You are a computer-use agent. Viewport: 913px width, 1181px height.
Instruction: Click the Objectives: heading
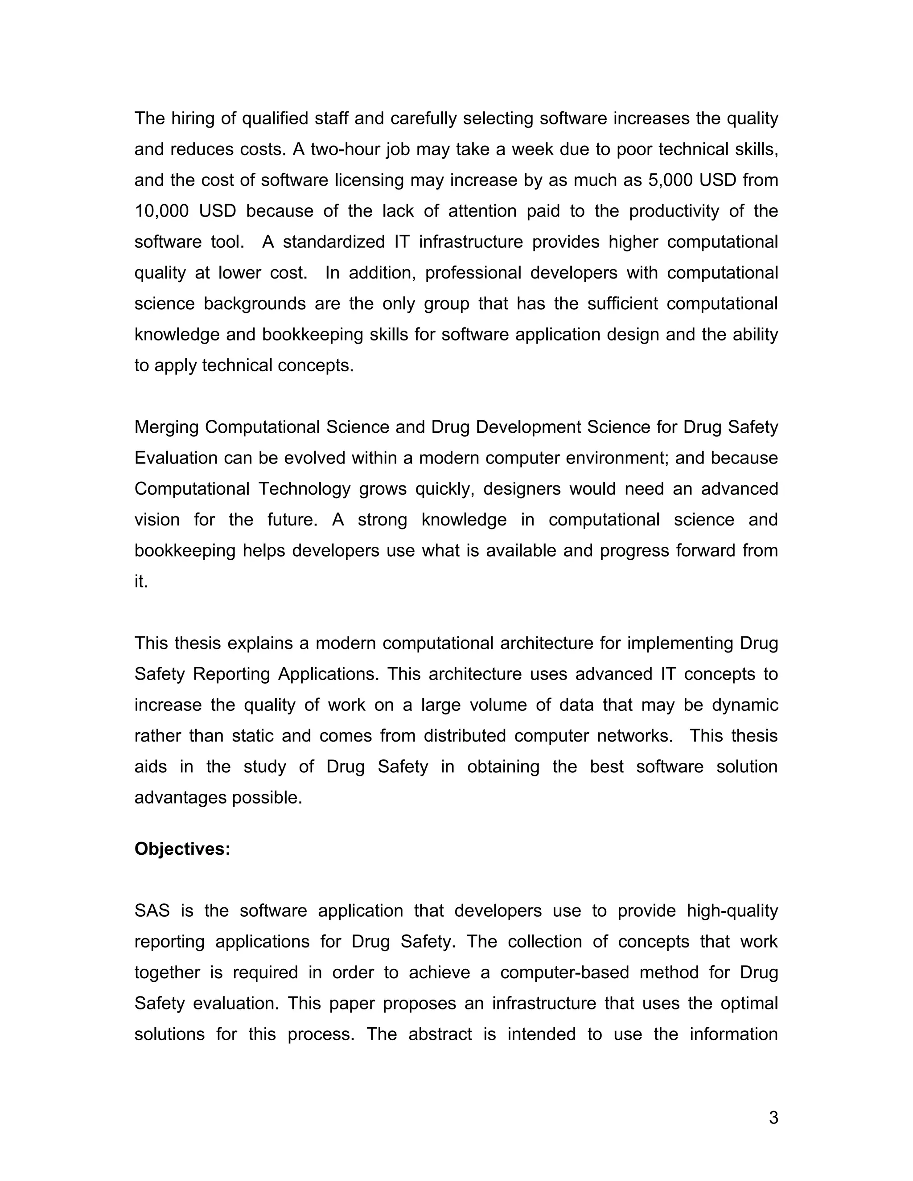[182, 849]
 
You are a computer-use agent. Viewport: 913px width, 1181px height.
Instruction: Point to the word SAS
[152, 910]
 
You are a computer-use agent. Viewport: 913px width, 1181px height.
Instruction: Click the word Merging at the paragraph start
[167, 427]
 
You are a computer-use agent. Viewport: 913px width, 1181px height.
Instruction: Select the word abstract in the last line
[440, 1034]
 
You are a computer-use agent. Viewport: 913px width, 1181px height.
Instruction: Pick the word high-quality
[732, 910]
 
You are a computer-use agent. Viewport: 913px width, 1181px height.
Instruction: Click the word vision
[157, 520]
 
